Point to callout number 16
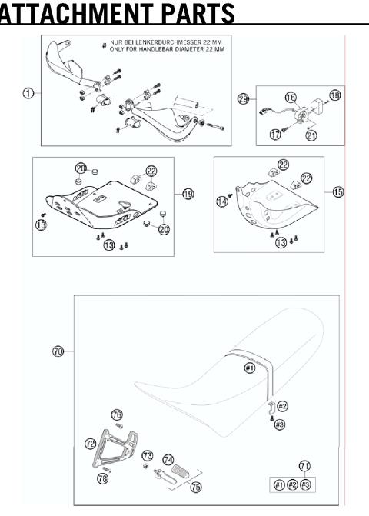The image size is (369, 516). [291, 98]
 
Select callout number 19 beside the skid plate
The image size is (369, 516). [188, 194]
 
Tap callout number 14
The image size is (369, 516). [223, 201]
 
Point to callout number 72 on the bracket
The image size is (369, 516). [90, 444]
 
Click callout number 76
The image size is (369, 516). [117, 415]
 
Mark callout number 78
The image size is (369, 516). [103, 478]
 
